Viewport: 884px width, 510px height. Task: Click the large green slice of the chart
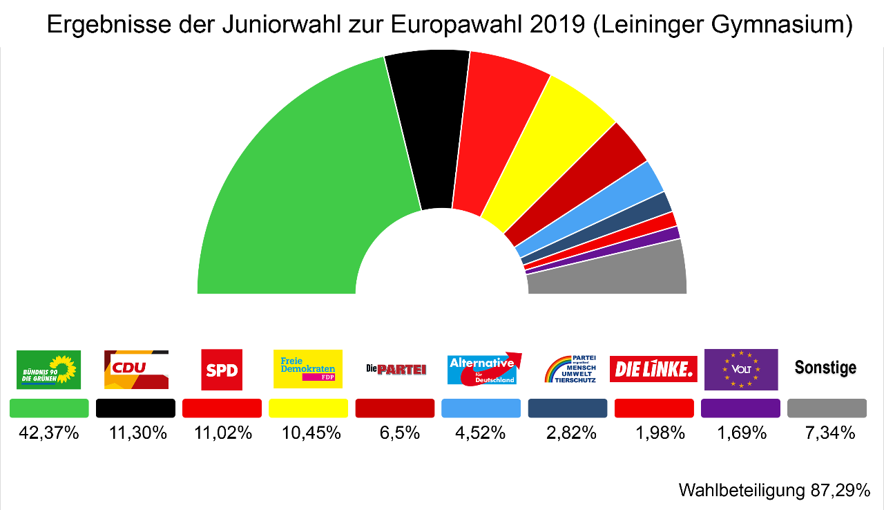[297, 193]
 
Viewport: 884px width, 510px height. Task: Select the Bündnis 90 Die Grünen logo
[48, 370]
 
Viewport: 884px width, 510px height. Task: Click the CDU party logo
[136, 370]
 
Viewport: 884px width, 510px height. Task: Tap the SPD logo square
[222, 370]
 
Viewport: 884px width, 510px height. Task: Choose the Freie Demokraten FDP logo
[308, 369]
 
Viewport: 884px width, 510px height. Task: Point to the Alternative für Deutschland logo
[484, 370]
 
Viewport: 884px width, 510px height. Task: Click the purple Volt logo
[741, 370]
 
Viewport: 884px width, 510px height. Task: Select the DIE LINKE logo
[653, 369]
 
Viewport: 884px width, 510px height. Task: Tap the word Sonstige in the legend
[825, 368]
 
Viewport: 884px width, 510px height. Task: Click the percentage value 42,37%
[49, 433]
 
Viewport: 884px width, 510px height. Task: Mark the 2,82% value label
[568, 433]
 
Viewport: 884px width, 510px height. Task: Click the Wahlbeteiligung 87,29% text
[774, 491]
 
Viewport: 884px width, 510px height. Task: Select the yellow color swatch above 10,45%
[308, 408]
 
